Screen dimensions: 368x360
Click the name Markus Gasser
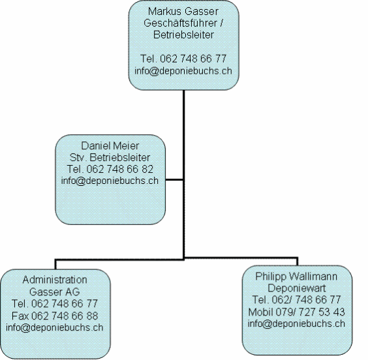tap(183, 12)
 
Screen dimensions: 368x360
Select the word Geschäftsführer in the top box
tap(180, 23)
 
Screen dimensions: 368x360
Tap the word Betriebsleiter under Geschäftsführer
tap(183, 35)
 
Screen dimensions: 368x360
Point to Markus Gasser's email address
tap(183, 71)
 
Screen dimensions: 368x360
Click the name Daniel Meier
tap(110, 145)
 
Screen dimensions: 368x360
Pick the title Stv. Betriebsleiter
tap(110, 157)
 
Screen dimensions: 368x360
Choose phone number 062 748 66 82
tap(119, 169)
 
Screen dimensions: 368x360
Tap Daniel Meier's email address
tap(110, 181)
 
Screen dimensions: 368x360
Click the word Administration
tap(55, 280)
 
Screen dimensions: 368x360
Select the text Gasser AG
tap(55, 292)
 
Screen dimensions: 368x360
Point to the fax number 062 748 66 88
tap(65, 316)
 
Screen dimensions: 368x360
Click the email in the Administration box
tap(55, 327)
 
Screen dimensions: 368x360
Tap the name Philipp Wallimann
tap(296, 277)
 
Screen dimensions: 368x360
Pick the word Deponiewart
tap(297, 288)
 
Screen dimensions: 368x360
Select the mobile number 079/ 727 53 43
tap(310, 312)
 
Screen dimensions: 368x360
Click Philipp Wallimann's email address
tap(296, 323)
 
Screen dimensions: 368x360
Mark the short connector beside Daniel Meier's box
tap(174, 180)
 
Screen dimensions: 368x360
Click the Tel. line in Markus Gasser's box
tap(183, 59)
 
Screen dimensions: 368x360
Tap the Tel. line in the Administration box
tap(55, 304)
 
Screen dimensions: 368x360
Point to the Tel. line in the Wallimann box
tap(296, 300)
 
